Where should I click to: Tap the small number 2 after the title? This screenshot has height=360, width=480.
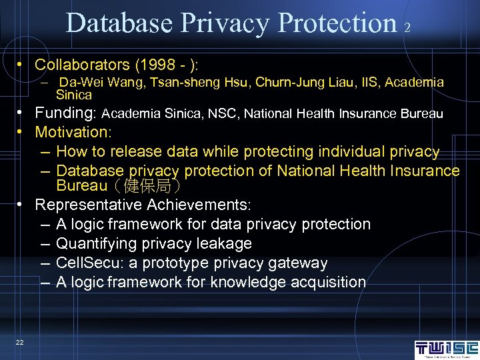coord(407,27)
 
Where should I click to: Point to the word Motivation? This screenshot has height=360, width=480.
coord(73,133)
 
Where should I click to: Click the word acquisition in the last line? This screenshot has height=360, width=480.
coord(331,282)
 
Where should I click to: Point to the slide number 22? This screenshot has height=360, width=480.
coord(20,342)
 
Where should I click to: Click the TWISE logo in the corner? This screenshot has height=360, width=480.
coord(446,349)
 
